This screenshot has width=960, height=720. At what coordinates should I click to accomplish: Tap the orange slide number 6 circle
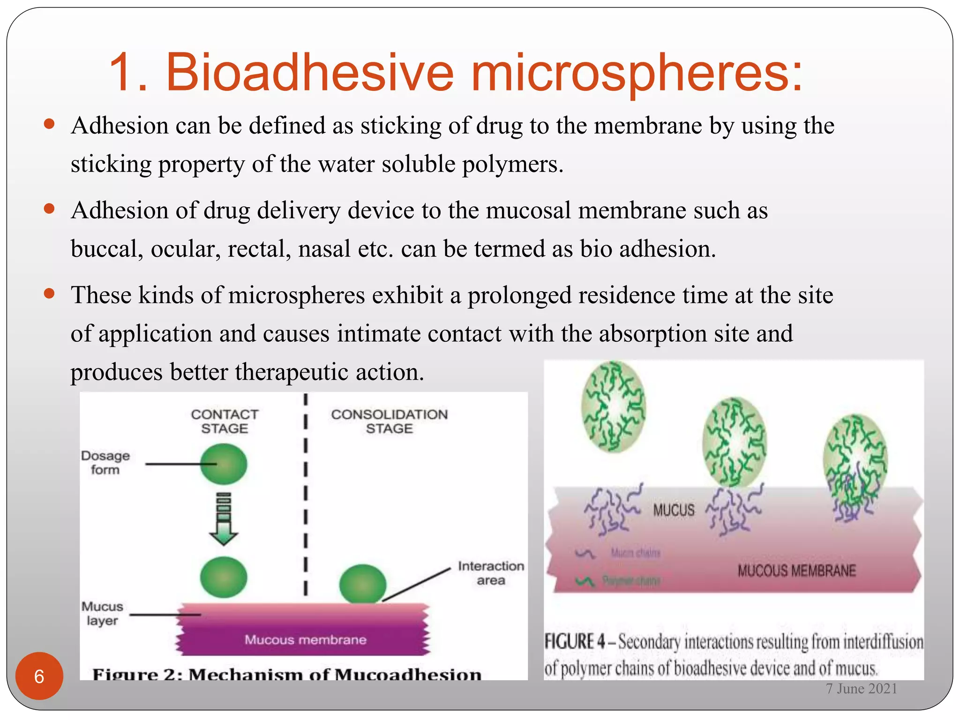click(x=39, y=676)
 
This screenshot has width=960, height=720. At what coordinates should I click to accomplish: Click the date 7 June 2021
click(x=861, y=689)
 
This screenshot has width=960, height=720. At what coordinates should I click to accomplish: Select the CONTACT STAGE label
click(x=225, y=421)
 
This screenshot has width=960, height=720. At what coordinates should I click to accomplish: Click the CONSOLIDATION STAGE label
click(x=389, y=421)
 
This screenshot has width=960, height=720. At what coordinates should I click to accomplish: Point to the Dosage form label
click(x=105, y=463)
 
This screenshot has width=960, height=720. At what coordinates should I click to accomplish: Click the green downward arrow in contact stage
click(x=224, y=519)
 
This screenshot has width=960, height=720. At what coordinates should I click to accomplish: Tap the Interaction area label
click(x=491, y=573)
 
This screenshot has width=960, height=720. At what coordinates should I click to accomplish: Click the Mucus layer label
click(x=102, y=613)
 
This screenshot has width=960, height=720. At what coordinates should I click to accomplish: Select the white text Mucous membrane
click(x=305, y=640)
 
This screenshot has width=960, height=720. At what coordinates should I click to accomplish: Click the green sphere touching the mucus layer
click(x=362, y=584)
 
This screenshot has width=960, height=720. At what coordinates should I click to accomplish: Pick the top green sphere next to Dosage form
click(x=224, y=464)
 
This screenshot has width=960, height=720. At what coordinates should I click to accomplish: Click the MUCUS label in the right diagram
click(x=674, y=510)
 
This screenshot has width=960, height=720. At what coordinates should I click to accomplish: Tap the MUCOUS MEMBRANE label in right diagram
click(x=796, y=571)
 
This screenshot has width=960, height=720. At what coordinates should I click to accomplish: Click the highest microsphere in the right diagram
click(x=613, y=407)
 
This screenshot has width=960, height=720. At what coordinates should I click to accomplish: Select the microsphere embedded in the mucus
click(x=855, y=464)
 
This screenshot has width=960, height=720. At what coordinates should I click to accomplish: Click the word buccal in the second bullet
click(x=107, y=249)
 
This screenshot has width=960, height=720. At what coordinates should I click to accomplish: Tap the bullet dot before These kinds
click(x=49, y=294)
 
